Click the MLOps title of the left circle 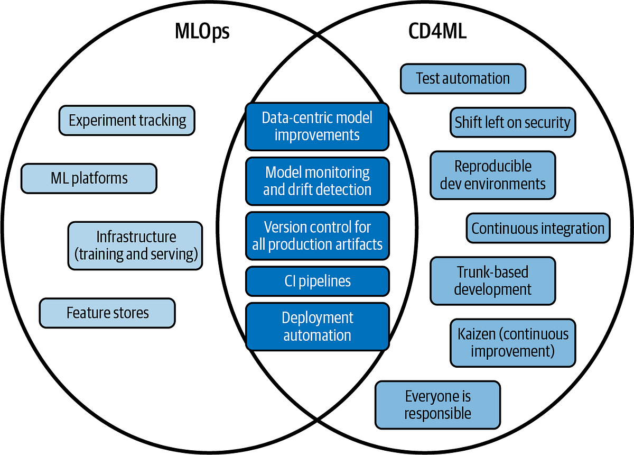(202, 33)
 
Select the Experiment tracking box (127, 120)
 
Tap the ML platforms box (89, 178)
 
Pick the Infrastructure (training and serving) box (135, 245)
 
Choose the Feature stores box (107, 313)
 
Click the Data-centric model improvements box (317, 126)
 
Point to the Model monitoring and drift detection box (317, 181)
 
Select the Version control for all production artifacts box (317, 236)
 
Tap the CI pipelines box (317, 281)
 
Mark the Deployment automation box (317, 326)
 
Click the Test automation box (463, 79)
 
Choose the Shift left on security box (512, 123)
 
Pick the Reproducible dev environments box (492, 175)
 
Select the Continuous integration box (538, 229)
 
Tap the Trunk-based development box (492, 281)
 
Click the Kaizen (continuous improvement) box (512, 343)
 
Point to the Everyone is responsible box (437, 405)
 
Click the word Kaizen (476, 334)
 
